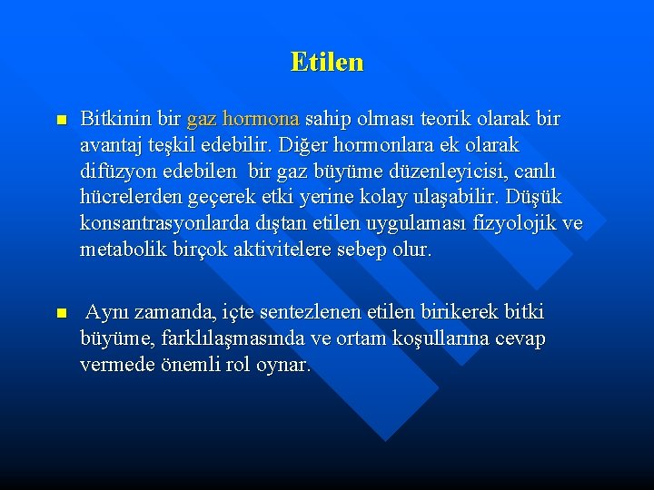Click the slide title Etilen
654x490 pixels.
(x=327, y=62)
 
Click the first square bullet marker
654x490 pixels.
(x=61, y=120)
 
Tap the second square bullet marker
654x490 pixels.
(x=61, y=313)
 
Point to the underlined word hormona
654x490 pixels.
(x=261, y=119)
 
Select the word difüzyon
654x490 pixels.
(x=118, y=171)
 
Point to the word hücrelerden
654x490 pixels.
(x=130, y=197)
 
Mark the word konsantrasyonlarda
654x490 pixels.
(x=155, y=223)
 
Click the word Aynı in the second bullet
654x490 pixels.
(x=106, y=313)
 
